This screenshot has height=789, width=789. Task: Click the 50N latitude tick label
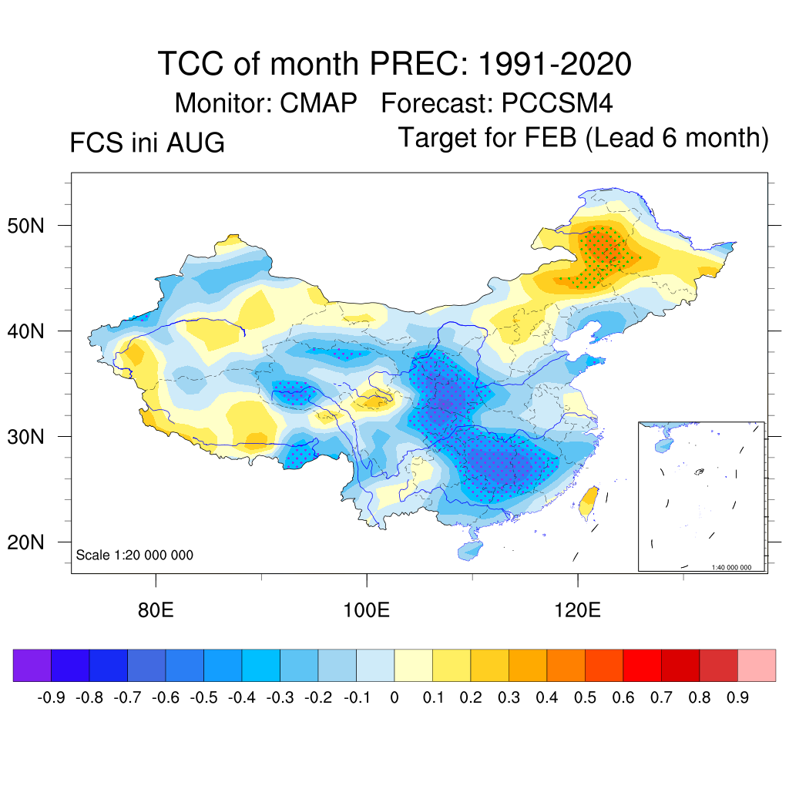25,226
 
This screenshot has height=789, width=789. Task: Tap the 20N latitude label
25,542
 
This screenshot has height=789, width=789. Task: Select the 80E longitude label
156,610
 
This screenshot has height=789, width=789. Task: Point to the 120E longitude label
577,610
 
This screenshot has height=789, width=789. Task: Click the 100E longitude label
366,610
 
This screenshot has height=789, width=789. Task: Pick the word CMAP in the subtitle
318,103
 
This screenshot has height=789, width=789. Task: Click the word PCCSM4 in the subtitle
557,103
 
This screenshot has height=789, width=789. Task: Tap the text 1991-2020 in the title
555,64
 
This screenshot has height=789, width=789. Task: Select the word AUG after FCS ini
195,143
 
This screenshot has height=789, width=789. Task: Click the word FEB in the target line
550,137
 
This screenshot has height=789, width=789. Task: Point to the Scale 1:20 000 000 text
134,555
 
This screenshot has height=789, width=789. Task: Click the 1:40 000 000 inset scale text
731,567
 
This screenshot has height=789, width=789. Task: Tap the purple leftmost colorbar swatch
32,665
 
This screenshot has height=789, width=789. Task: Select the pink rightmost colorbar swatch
757,665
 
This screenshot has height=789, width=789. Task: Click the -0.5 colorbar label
203,698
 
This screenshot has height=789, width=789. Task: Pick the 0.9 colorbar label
737,698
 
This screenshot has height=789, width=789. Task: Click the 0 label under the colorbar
394,698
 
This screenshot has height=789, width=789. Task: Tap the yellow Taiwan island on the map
589,502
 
